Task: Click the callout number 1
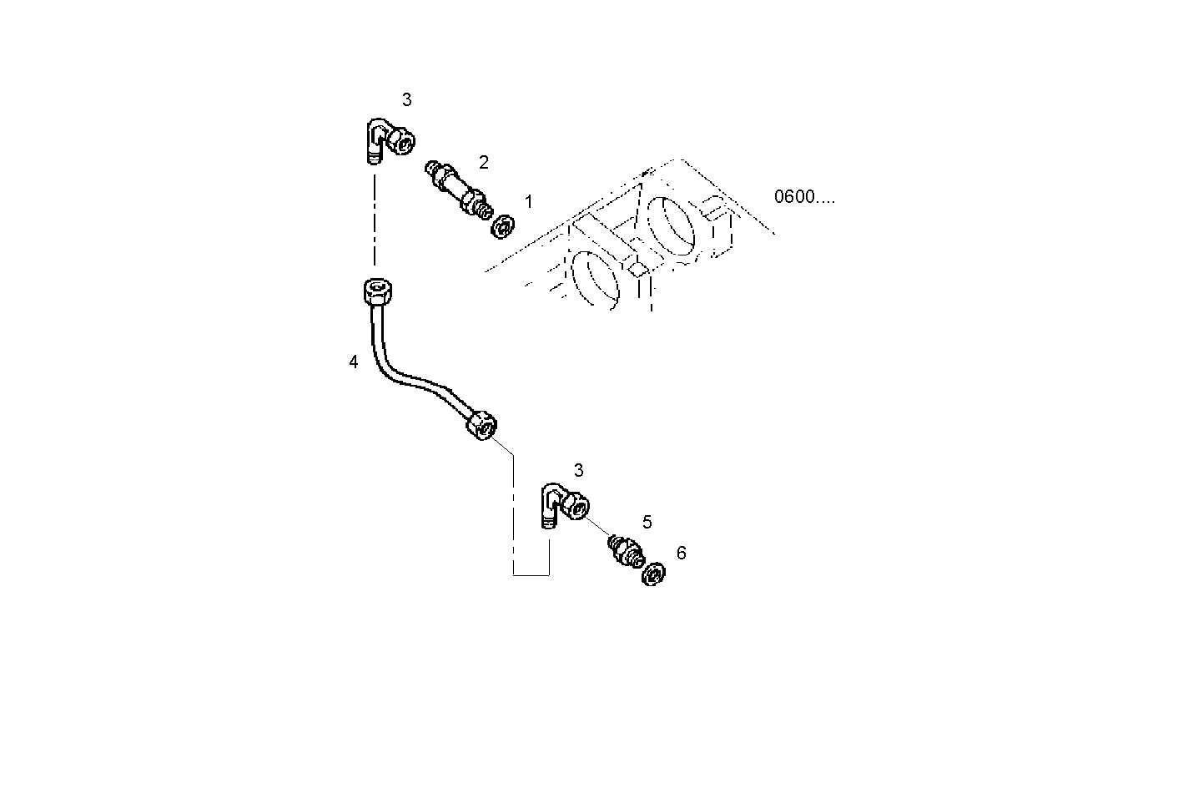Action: (x=528, y=202)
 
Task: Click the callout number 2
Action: (x=483, y=162)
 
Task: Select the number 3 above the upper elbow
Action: (x=406, y=100)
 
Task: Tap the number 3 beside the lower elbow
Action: (x=578, y=471)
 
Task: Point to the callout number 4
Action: (x=354, y=362)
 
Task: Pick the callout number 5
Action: (x=647, y=523)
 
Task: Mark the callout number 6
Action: (x=681, y=553)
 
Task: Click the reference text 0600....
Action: (x=803, y=197)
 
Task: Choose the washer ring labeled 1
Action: (x=503, y=225)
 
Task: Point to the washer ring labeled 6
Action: (x=653, y=574)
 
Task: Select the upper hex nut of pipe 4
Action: (x=379, y=292)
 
